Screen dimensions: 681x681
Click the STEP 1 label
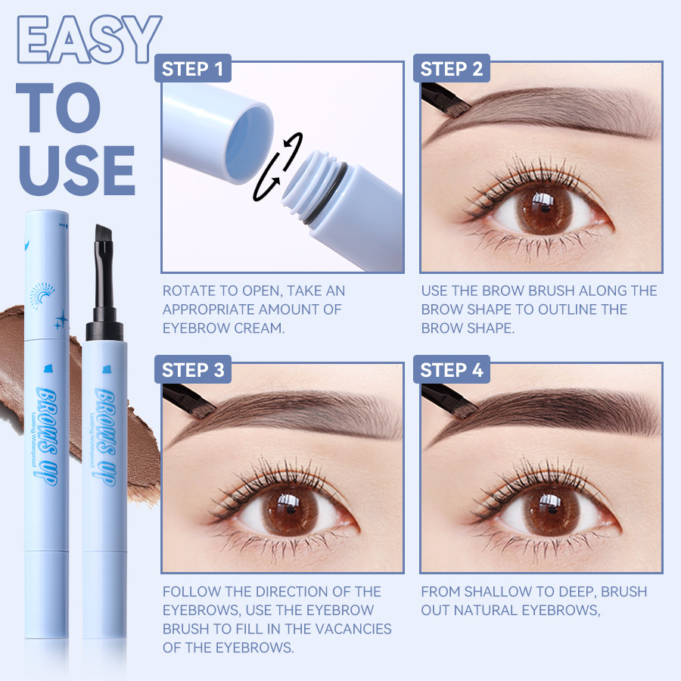click(192, 69)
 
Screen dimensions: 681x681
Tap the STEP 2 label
click(451, 69)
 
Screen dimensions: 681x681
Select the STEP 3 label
click(192, 369)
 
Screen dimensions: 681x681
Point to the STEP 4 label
click(451, 369)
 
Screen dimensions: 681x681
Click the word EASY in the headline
click(89, 39)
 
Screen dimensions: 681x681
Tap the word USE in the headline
click(77, 170)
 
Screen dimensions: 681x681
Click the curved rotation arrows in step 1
click(277, 166)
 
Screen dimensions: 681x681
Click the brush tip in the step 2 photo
click(459, 107)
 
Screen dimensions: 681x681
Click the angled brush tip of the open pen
click(104, 237)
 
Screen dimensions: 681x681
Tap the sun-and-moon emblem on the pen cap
click(42, 295)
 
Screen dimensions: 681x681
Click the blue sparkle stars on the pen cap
click(61, 320)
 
